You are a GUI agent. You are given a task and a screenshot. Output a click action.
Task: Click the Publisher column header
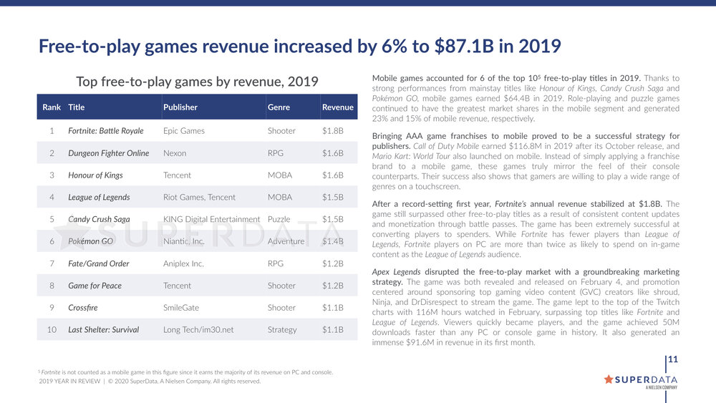coord(180,107)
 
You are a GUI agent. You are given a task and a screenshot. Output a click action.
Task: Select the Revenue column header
coord(338,107)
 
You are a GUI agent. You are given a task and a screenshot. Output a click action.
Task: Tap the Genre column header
coord(279,107)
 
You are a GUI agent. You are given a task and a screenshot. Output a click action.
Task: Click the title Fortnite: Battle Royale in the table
coord(106,131)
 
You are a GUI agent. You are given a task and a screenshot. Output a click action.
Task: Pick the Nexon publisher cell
coord(175,153)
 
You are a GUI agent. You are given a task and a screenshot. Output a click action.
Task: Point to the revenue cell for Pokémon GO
coord(333,241)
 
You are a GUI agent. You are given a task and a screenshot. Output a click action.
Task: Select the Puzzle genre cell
coord(279,219)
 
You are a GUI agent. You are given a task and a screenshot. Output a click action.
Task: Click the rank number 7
coord(52,263)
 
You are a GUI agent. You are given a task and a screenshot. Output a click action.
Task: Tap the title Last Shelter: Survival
coord(104,330)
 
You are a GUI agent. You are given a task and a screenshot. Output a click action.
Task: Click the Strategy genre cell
coord(282,330)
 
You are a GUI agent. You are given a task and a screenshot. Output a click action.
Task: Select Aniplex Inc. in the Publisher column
coord(183,263)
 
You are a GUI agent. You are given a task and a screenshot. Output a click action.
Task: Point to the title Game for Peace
coord(95,286)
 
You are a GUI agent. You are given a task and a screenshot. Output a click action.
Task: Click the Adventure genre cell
coord(286,241)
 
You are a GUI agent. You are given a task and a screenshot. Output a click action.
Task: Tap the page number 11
coord(673,359)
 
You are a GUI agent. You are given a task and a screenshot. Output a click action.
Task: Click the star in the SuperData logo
coord(609,379)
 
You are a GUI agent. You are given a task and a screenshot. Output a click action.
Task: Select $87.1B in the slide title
coord(468,47)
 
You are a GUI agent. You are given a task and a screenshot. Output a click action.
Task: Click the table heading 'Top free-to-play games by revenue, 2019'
coord(197,82)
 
